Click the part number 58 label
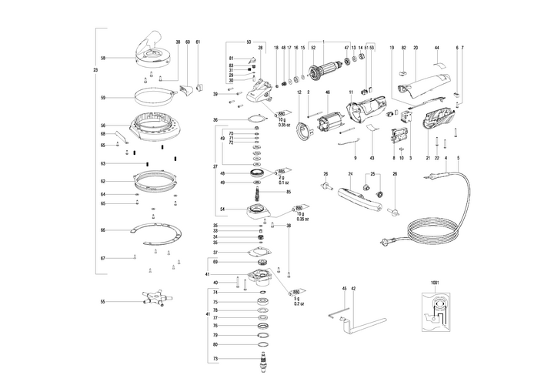point(102,58)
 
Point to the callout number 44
point(436,49)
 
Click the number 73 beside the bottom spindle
point(216,360)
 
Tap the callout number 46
point(327,93)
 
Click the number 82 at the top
point(403,49)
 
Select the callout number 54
point(222,209)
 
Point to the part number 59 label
point(102,98)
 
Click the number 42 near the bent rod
point(353,288)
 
